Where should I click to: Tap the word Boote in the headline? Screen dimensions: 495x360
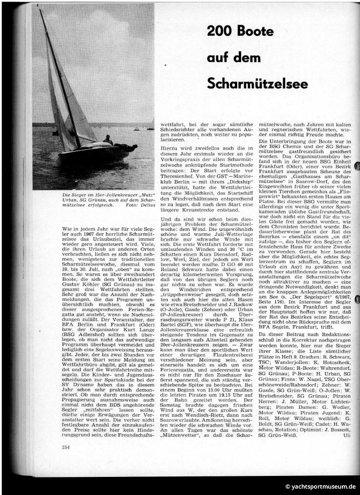click(258, 32)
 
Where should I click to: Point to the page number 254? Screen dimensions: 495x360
click(66, 447)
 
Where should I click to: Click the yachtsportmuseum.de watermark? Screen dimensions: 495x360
click(321, 487)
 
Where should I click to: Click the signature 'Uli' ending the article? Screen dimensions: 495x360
click(348, 435)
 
